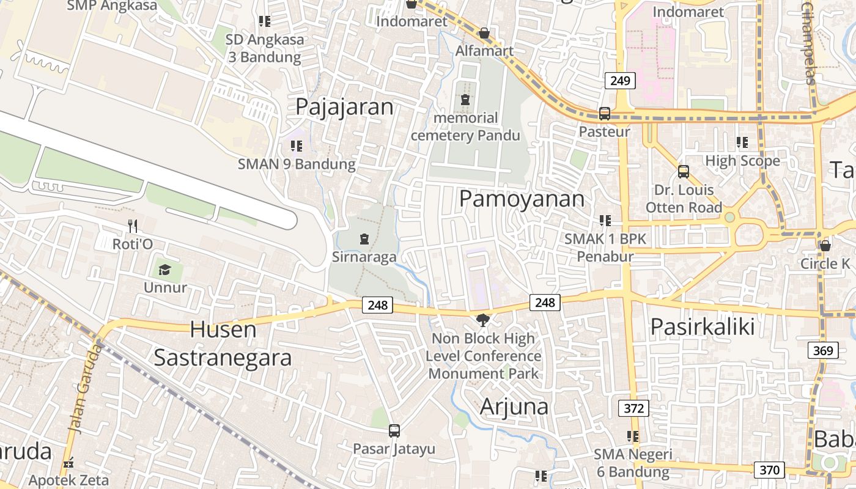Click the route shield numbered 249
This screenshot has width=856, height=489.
pos(621,81)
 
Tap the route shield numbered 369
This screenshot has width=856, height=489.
pos(822,350)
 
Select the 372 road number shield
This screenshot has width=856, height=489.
pos(633,408)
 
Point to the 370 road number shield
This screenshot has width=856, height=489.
pos(769,470)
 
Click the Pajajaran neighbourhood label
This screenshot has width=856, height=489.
pos(344,106)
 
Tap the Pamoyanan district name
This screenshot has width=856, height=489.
pos(522,199)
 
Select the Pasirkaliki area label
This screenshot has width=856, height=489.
pos(703,327)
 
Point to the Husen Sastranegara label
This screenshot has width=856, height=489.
pos(223,344)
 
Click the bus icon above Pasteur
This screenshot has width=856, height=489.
pos(605,114)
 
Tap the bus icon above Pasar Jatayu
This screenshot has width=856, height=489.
pos(394,430)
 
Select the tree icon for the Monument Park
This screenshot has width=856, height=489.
pos(483,320)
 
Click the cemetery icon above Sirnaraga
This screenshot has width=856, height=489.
pos(364,238)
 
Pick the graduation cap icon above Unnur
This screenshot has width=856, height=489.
pos(164,270)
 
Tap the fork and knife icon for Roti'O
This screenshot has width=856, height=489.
pos(132,227)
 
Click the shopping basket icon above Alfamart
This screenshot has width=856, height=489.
pos(484,33)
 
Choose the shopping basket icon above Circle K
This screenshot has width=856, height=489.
pos(825,246)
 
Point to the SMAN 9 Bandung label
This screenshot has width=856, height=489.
pos(297,164)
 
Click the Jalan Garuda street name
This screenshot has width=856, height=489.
pos(86,388)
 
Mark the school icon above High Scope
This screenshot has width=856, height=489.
pos(742,142)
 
